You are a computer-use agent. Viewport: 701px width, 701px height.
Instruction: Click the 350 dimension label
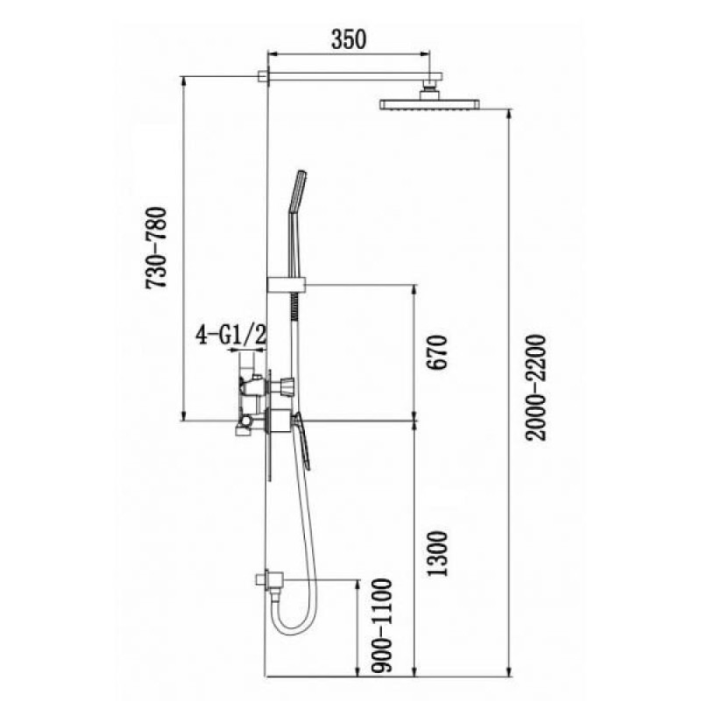coord(348,39)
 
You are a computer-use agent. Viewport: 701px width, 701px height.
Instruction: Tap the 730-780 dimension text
coord(156,247)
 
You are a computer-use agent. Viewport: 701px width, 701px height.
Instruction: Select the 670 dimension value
coord(436,352)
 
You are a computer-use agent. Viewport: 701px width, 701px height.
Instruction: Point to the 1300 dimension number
coord(436,554)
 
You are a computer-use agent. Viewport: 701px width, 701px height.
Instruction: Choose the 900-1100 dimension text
coord(382,625)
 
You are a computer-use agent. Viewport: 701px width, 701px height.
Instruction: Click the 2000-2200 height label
coord(535,387)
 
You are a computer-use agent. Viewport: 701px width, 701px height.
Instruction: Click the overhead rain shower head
coord(429,104)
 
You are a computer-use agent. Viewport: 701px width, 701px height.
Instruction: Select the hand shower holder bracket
coord(287,285)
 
